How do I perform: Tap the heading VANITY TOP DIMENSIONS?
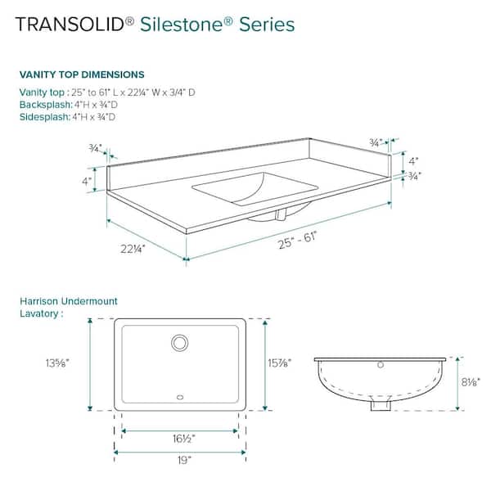point(82,74)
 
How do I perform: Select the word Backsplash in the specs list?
point(46,106)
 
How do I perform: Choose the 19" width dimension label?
point(180,462)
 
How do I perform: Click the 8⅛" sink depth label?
point(468,381)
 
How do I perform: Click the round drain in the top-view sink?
point(179,342)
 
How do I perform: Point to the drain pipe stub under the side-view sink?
point(380,404)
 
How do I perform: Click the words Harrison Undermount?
point(69,301)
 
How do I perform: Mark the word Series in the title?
point(267,25)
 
